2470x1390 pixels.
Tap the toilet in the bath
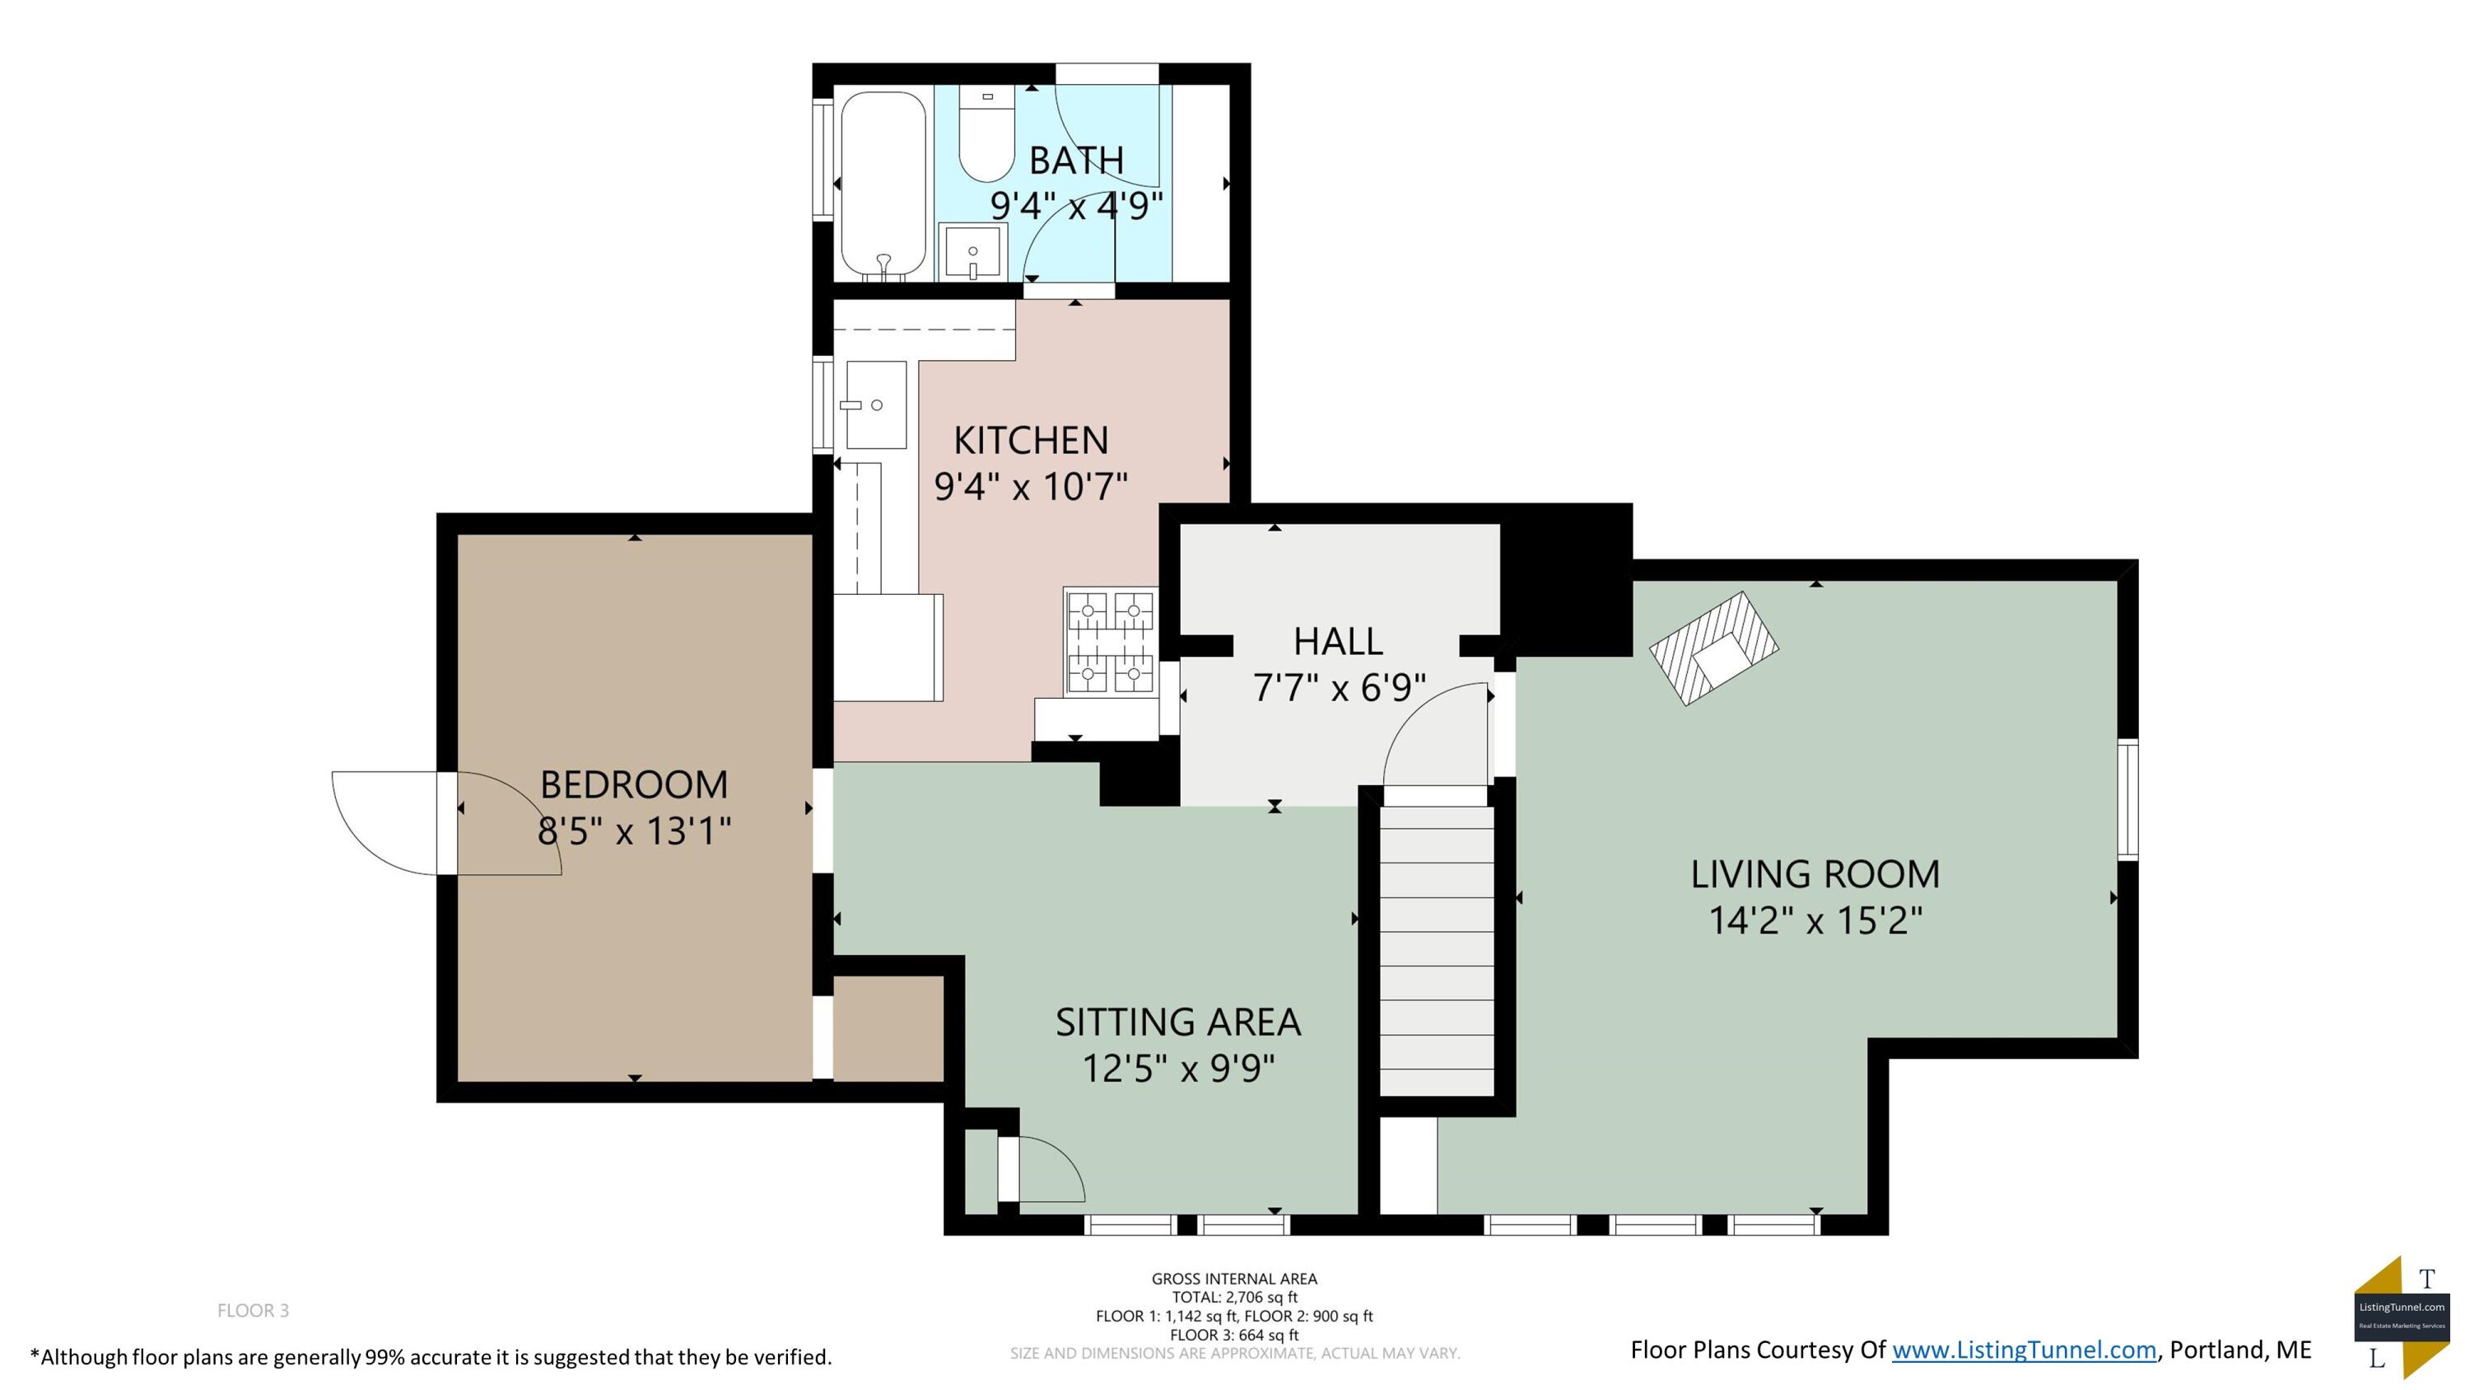986,133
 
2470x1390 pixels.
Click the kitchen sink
875,405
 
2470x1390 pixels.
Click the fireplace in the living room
1713,648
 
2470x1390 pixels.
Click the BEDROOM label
634,784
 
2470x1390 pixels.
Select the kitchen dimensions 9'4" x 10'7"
1031,486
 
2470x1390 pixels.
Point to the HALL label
1338,641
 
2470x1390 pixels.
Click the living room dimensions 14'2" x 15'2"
1816,921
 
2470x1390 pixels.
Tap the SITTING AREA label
1178,1023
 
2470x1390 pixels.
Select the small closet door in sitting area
1042,1168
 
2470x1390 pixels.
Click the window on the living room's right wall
2127,799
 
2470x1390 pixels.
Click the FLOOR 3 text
253,1310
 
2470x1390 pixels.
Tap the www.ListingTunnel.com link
2024,1350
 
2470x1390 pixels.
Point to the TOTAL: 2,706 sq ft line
1235,1297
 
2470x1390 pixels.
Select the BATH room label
1076,160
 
